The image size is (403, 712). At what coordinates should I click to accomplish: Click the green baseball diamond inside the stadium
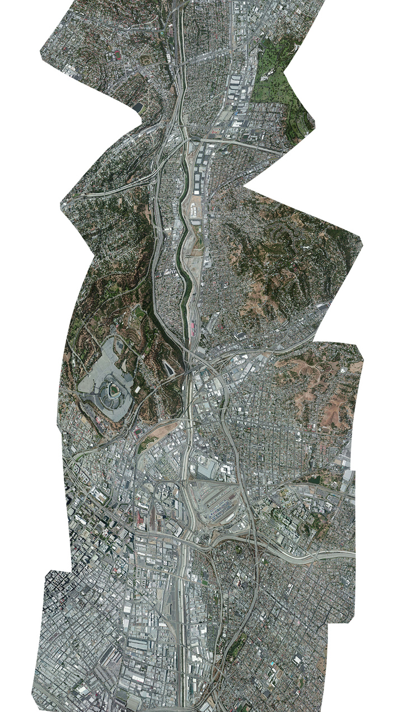click(114, 390)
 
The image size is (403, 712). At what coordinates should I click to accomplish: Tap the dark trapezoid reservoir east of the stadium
click(168, 366)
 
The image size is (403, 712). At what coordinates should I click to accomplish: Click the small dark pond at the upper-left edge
click(137, 106)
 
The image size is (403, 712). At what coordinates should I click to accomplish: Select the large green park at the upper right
click(280, 90)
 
